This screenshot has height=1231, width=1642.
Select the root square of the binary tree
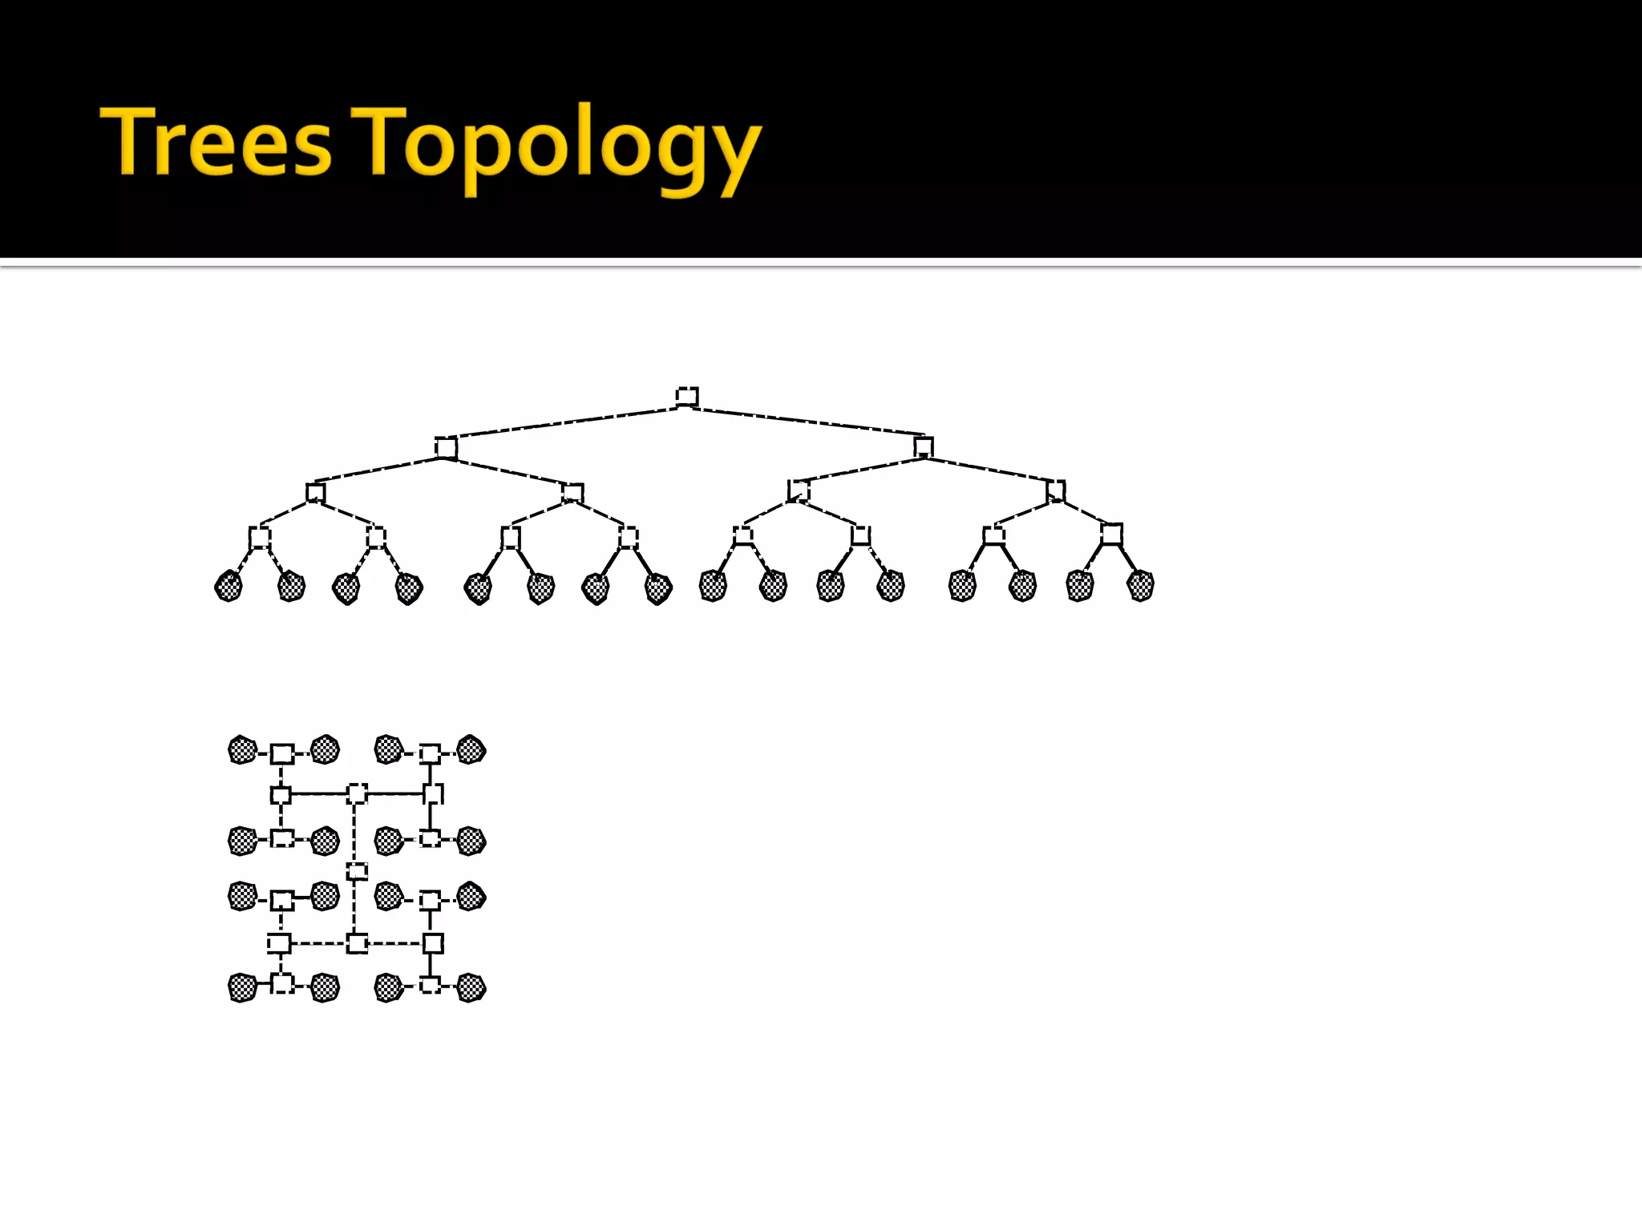click(x=687, y=396)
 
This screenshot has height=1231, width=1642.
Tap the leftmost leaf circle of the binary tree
click(x=229, y=586)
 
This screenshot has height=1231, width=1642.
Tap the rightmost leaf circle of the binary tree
click(x=1140, y=586)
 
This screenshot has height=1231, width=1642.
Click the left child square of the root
click(x=446, y=447)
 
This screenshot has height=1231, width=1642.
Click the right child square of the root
click(x=924, y=446)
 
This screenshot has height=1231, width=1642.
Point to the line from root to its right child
click(x=806, y=422)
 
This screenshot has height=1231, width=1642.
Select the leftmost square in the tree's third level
click(x=316, y=492)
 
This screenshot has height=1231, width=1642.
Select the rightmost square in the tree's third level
click(x=1056, y=490)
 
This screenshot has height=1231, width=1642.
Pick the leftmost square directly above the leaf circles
click(x=259, y=537)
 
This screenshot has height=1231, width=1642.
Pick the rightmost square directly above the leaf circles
click(x=1111, y=534)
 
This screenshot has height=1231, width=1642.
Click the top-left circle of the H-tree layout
click(x=242, y=750)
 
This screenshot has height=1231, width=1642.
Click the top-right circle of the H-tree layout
click(x=471, y=749)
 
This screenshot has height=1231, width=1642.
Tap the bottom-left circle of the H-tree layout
click(x=242, y=987)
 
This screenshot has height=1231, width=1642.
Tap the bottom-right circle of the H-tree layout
click(x=471, y=987)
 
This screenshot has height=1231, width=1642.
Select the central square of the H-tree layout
click(x=357, y=871)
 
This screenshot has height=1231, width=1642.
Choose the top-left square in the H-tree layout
click(x=281, y=753)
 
